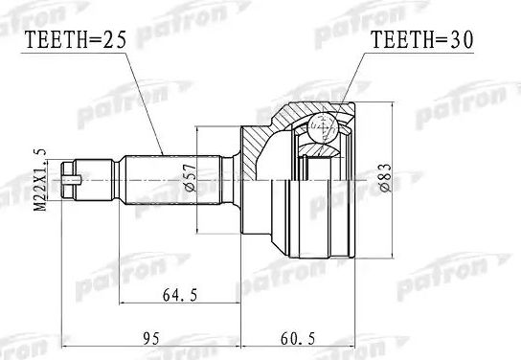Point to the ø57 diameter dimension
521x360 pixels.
(x=192, y=177)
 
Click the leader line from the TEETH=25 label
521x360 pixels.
(x=143, y=105)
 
